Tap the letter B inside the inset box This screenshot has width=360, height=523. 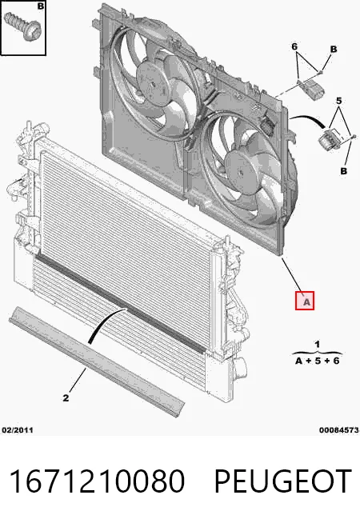click(x=40, y=6)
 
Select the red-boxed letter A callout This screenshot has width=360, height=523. click(x=304, y=301)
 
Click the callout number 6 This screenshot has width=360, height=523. click(x=294, y=46)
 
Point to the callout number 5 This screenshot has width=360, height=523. click(x=338, y=101)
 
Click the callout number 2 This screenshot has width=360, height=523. click(x=66, y=397)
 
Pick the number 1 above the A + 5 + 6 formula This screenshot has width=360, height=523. click(x=318, y=344)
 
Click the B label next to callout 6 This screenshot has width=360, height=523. click(x=334, y=50)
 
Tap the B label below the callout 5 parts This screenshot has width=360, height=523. click(x=344, y=171)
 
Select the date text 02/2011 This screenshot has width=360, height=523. click(x=18, y=430)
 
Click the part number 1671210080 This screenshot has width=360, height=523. click(x=97, y=481)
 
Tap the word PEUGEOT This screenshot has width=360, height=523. click(x=283, y=481)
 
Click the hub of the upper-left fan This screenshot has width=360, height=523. click(x=154, y=83)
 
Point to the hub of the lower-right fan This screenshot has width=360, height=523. click(x=241, y=172)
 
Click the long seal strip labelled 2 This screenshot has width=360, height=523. click(x=97, y=362)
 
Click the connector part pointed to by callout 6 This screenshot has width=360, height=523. click(x=312, y=90)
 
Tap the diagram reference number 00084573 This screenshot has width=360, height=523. click(x=339, y=430)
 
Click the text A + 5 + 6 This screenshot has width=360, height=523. click(x=318, y=361)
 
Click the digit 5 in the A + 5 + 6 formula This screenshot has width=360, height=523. click(x=318, y=361)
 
